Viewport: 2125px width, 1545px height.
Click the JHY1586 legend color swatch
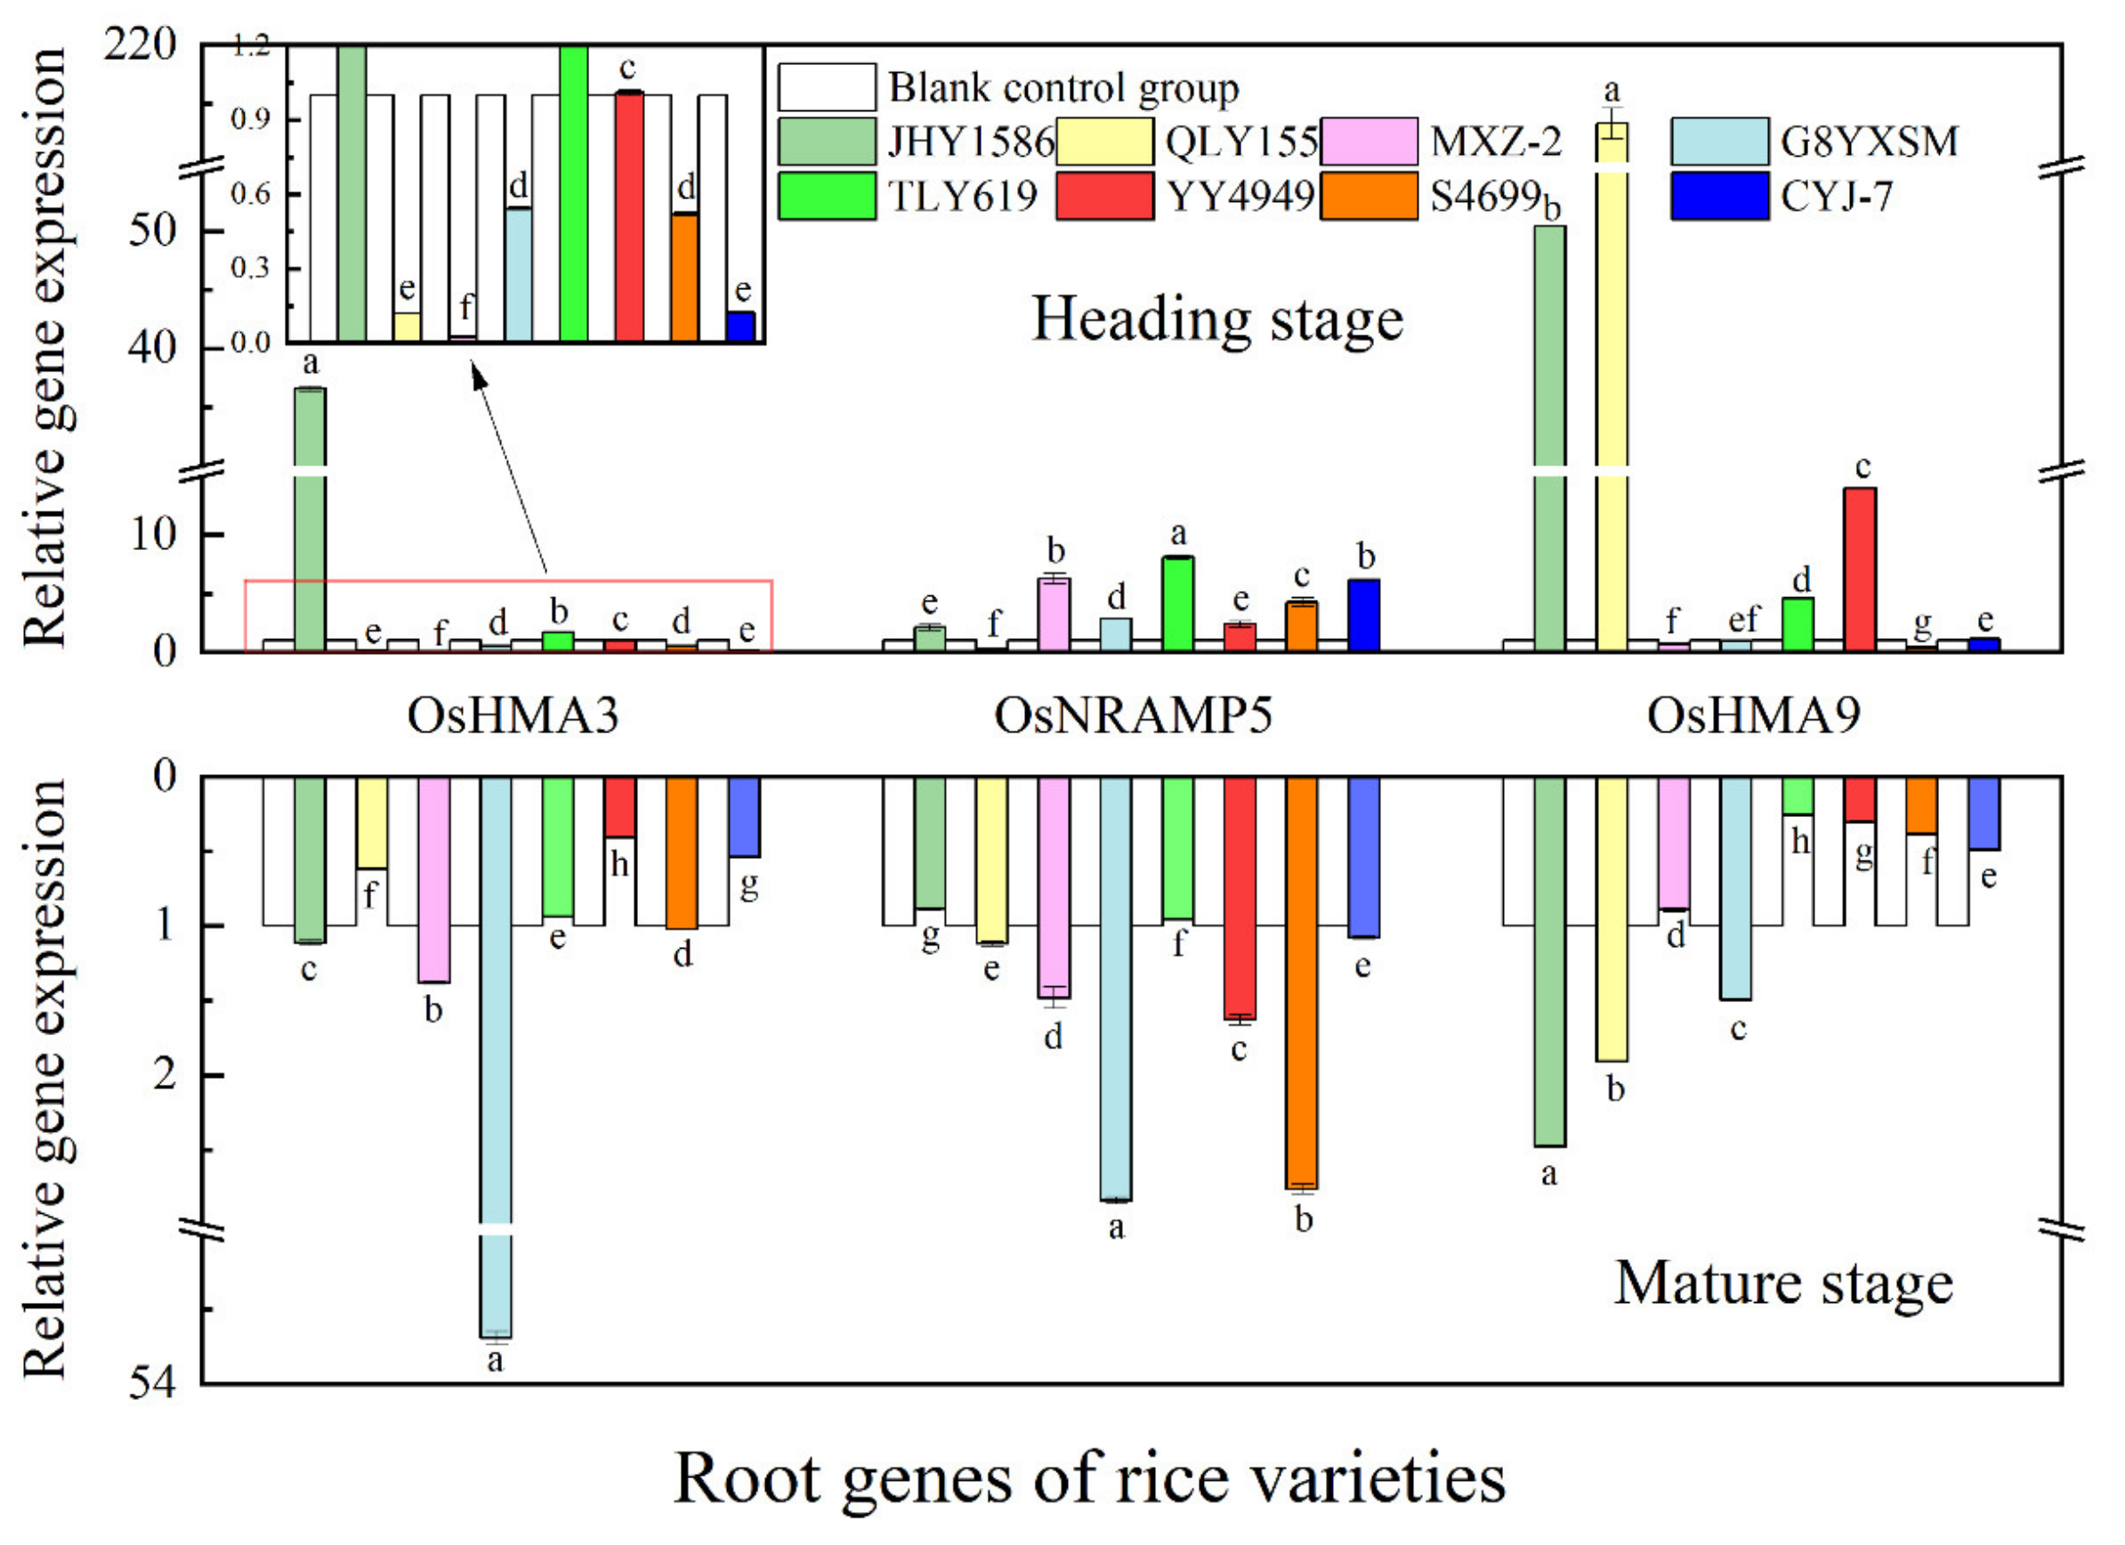point(827,142)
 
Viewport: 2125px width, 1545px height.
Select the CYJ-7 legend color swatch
point(1719,196)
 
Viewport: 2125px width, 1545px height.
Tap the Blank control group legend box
point(827,87)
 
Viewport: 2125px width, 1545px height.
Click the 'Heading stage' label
point(1217,320)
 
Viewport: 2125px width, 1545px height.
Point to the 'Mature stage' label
point(1783,1282)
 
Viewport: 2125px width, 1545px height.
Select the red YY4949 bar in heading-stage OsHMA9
point(1859,569)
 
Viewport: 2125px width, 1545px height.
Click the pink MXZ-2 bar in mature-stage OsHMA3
point(433,878)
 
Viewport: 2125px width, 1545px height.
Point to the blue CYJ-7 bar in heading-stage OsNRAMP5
point(1363,616)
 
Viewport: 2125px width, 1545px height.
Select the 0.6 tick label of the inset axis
point(250,194)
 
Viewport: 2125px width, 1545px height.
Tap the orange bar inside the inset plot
point(685,278)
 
